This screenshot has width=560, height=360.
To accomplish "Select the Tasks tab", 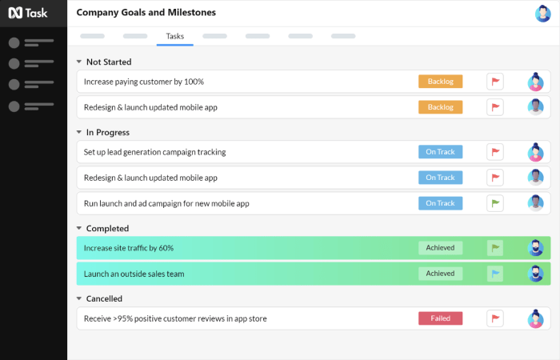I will tap(174, 36).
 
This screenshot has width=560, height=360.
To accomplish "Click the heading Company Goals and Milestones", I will tap(146, 13).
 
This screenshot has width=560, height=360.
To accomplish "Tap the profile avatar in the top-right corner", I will tap(542, 14).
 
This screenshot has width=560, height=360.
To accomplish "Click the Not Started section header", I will tap(109, 62).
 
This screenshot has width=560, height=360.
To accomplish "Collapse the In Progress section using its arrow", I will tap(78, 132).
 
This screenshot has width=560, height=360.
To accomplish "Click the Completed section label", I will tap(107, 228).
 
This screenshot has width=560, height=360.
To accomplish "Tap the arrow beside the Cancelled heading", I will tap(78, 298).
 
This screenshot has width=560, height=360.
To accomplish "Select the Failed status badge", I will tap(440, 318).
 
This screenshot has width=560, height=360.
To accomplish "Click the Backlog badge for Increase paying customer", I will tap(440, 82).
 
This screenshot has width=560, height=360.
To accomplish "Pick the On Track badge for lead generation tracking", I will tap(440, 152).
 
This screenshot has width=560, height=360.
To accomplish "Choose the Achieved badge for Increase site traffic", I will tap(440, 248).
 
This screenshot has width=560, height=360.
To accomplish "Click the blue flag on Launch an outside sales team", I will tap(495, 274).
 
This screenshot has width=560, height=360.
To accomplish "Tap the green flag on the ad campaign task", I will tap(495, 203).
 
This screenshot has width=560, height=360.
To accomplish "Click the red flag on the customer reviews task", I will tap(495, 318).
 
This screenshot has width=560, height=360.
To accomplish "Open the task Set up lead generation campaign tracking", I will tap(154, 152).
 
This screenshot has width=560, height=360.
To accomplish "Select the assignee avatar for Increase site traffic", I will tap(535, 248).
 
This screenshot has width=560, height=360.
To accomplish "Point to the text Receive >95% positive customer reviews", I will tap(175, 318).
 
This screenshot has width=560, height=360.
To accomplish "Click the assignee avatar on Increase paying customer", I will tap(535, 82).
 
